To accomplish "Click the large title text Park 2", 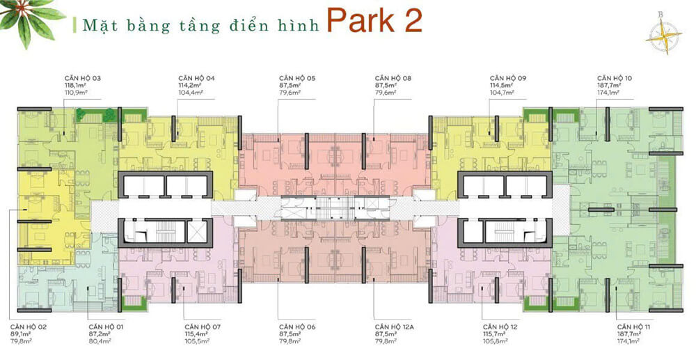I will (x=374, y=22).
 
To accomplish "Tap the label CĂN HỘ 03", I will (x=83, y=79).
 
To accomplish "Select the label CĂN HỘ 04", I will (x=196, y=79).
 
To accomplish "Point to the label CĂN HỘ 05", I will (x=297, y=79).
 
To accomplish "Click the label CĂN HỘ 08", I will (x=393, y=79).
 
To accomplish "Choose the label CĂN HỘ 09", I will (x=507, y=79).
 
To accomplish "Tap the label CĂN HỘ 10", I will (x=614, y=79).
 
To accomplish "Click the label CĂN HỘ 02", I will (x=29, y=326).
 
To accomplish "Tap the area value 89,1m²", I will (x=21, y=334).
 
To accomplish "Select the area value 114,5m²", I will (x=500, y=86).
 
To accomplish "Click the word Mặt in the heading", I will (x=97, y=26).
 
